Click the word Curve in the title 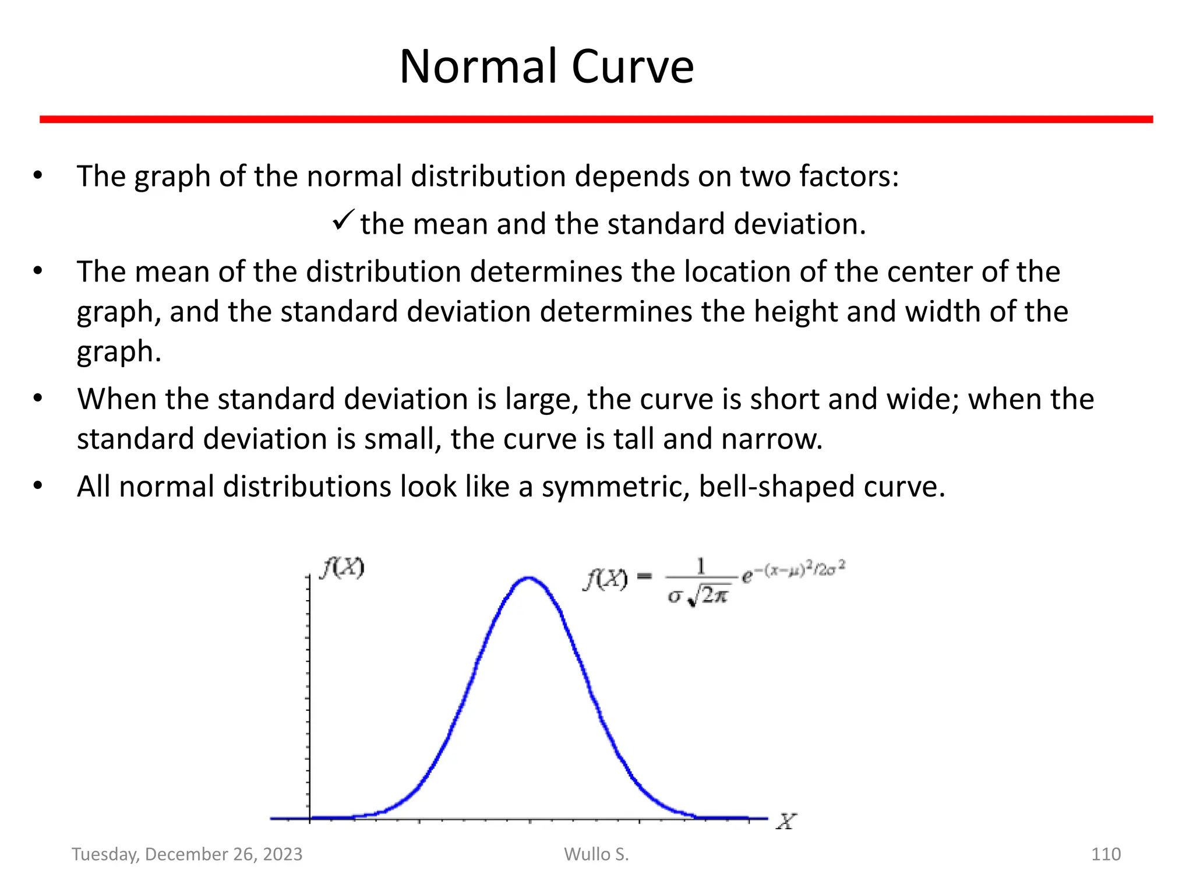pos(633,66)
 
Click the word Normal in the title pos(479,66)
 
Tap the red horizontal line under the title pos(596,119)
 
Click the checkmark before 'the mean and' pos(343,221)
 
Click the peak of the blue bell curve pos(528,578)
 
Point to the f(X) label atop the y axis pos(343,567)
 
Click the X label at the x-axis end pos(786,822)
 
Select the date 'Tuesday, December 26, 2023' pos(187,854)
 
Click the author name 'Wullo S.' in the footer pos(596,854)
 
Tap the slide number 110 pos(1106,854)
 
